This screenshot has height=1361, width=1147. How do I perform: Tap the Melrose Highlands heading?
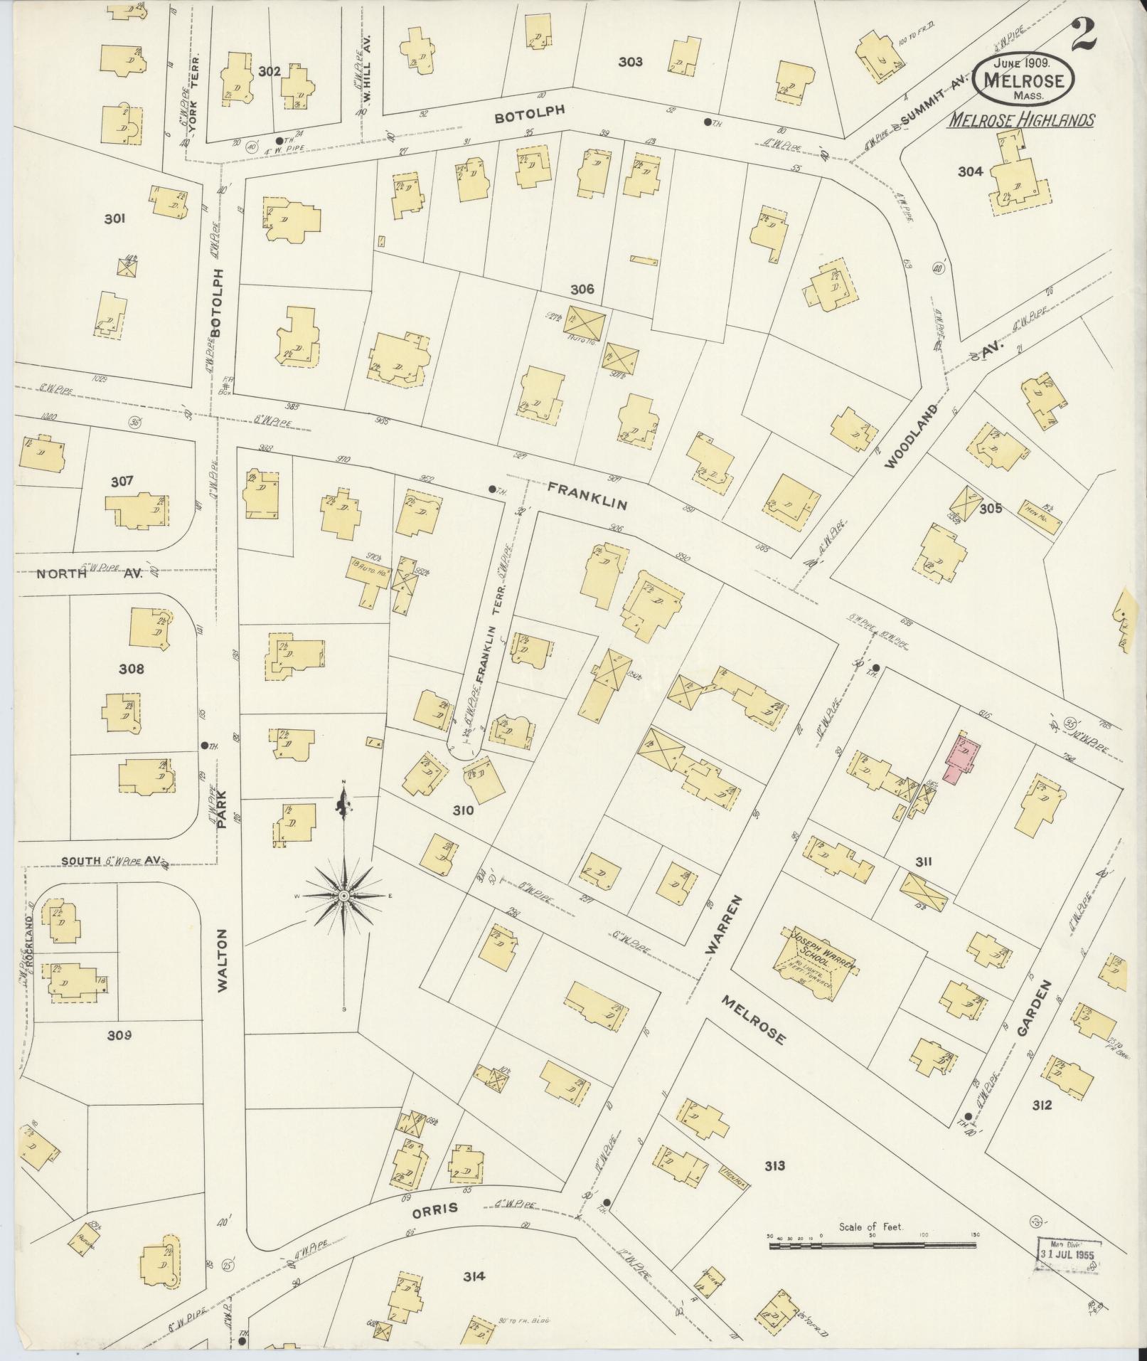pos(1020,120)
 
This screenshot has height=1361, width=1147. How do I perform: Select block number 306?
pos(582,290)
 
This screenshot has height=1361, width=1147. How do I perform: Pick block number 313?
pos(774,1165)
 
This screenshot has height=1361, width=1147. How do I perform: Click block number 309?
pos(119,1035)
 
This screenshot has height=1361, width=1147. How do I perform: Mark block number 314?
pos(474,1276)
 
